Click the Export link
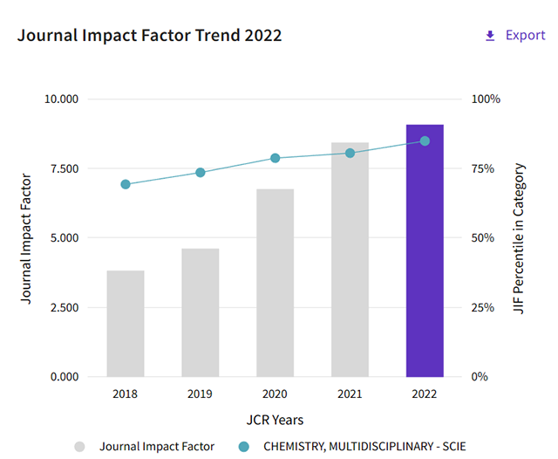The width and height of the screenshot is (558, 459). (x=515, y=36)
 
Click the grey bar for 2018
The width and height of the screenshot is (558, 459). (x=126, y=324)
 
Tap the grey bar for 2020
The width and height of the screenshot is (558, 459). (x=275, y=283)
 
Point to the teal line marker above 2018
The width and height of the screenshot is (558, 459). (x=126, y=184)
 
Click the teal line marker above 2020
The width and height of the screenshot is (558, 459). (x=275, y=158)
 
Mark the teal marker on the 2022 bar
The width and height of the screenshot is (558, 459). (x=425, y=140)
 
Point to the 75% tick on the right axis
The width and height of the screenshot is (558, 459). (x=487, y=168)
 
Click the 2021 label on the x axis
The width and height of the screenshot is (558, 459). (x=350, y=394)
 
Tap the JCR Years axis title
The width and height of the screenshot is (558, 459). (x=275, y=420)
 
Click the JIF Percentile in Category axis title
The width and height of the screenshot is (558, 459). (x=520, y=238)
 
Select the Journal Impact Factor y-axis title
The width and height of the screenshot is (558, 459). (x=26, y=238)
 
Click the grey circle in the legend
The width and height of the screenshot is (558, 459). (x=79, y=447)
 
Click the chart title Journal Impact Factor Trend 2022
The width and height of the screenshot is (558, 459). (x=149, y=36)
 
